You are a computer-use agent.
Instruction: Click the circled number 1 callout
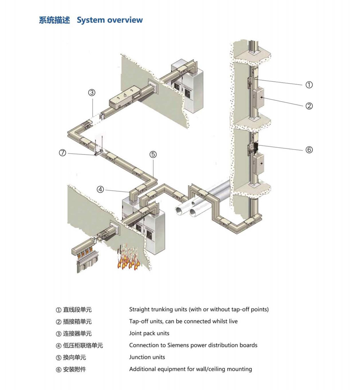[309, 85]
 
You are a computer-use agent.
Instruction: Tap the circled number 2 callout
[309, 106]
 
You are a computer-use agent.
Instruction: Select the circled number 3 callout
[92, 93]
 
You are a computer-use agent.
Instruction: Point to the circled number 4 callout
[100, 189]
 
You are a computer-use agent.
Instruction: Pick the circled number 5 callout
[153, 154]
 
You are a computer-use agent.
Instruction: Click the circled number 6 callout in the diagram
[309, 150]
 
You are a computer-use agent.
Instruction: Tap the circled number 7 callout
[63, 153]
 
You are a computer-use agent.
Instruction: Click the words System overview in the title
[110, 20]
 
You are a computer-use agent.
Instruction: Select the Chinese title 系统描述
[54, 20]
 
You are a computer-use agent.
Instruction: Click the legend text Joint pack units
[149, 333]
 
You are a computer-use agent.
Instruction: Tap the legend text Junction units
[147, 357]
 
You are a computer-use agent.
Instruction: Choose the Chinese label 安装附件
[75, 369]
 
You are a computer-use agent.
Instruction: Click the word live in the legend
[233, 321]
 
